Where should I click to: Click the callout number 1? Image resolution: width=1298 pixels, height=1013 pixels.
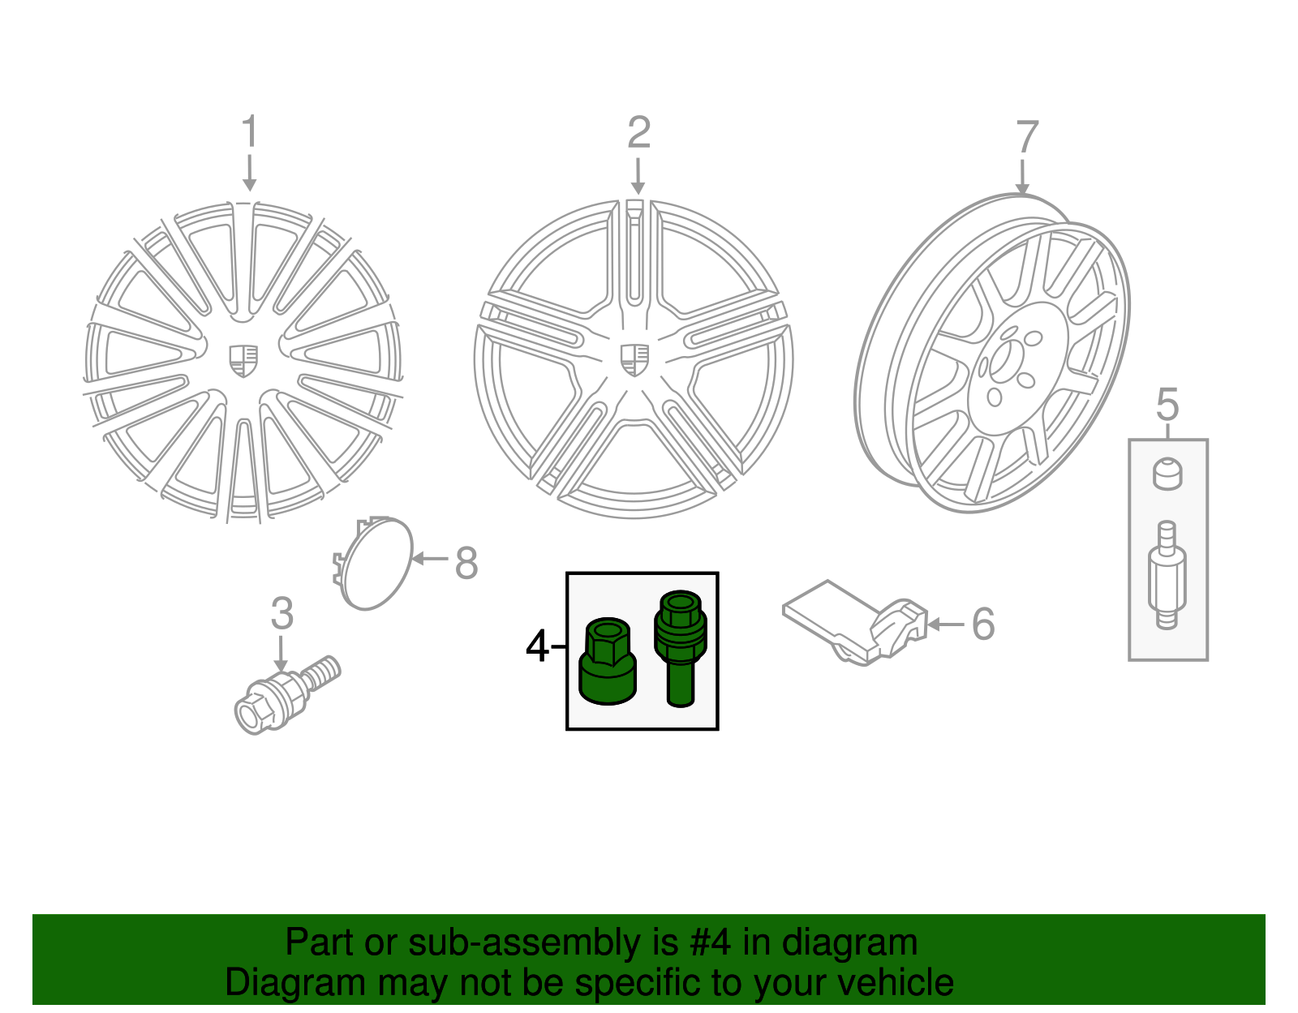[249, 132]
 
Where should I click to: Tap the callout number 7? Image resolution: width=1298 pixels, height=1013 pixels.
[1026, 137]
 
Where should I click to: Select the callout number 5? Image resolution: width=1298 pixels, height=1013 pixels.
[1167, 404]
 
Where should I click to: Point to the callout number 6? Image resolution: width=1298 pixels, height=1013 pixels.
[982, 625]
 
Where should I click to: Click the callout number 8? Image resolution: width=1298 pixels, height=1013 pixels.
[466, 563]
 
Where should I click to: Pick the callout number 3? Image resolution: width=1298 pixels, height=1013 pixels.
[282, 614]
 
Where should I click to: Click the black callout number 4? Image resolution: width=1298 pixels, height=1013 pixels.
[537, 646]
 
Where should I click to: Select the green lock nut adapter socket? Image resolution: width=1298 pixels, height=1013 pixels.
[608, 661]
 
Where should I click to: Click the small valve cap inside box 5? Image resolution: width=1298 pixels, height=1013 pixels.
[1167, 474]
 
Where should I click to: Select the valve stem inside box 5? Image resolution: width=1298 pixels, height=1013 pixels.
[1167, 576]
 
